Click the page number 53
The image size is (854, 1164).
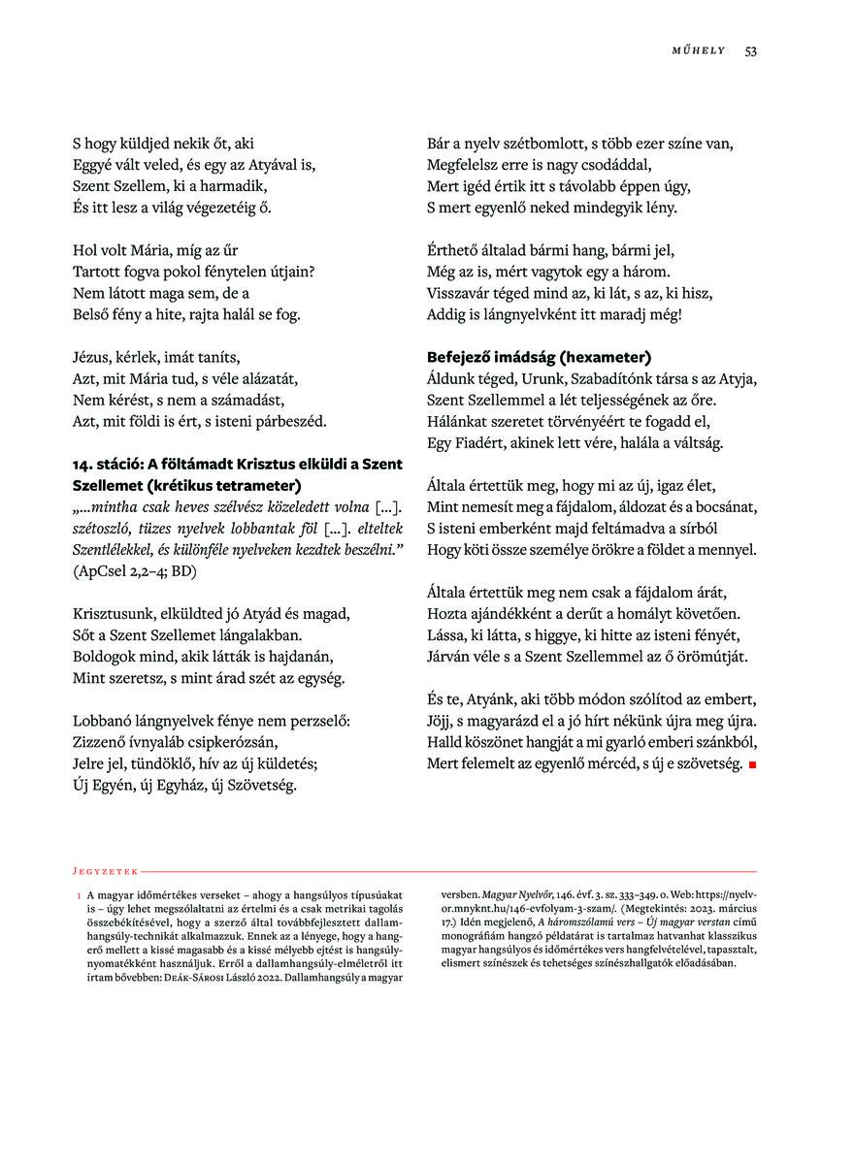[750, 50]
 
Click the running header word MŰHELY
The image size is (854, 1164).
[699, 50]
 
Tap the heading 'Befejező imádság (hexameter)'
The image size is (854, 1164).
[539, 356]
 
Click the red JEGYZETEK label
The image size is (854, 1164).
[106, 871]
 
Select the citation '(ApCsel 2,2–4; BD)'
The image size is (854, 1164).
[135, 571]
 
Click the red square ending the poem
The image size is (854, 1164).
[751, 765]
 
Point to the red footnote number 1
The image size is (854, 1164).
[78, 895]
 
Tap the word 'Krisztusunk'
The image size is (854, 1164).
[114, 614]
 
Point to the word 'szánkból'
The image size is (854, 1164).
[719, 742]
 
